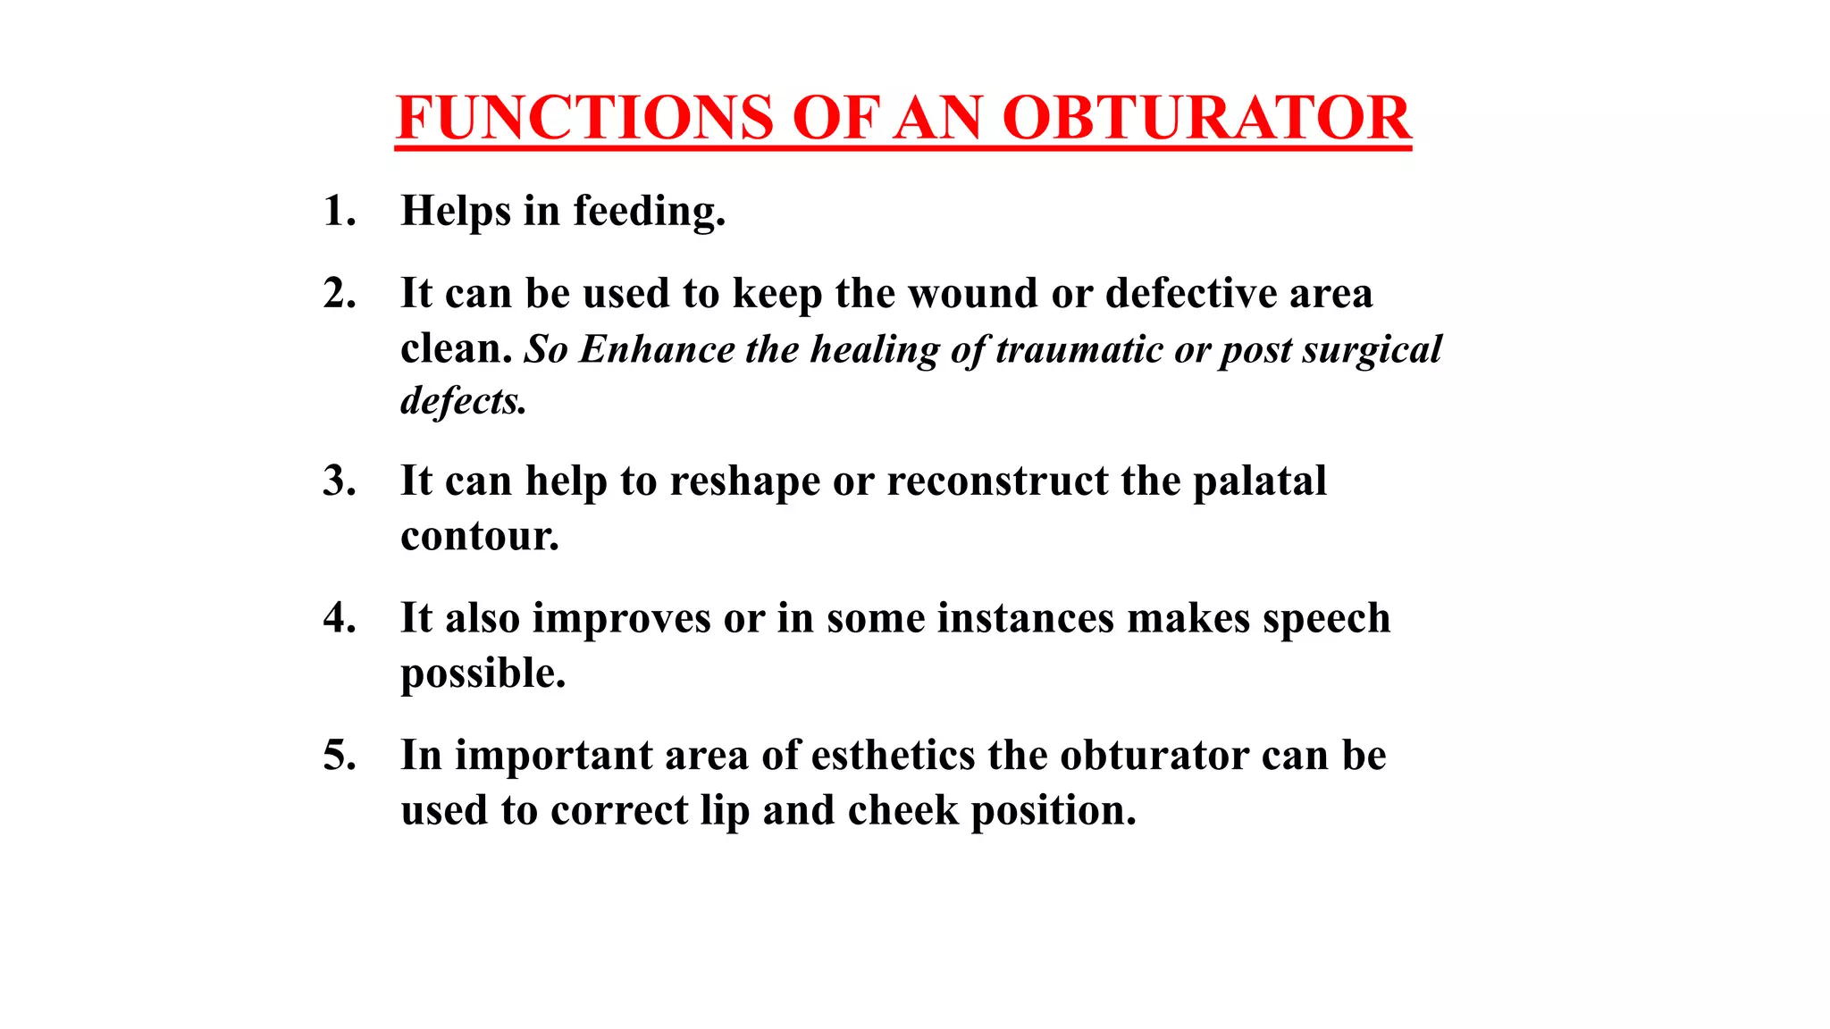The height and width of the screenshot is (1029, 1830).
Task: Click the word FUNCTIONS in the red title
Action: tap(584, 118)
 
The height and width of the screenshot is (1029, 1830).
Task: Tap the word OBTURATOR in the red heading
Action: tap(1206, 118)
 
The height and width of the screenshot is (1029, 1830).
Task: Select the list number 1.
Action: tap(340, 212)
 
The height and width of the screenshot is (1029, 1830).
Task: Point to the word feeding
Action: tap(649, 212)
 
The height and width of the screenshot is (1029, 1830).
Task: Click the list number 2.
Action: tap(340, 294)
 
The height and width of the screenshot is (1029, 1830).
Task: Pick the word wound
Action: tap(973, 294)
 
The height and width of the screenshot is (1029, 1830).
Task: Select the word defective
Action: tap(1191, 294)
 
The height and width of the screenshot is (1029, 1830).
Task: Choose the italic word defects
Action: tap(463, 401)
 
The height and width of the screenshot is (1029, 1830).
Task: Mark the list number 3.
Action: tap(340, 481)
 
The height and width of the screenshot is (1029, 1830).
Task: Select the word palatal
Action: tap(1260, 481)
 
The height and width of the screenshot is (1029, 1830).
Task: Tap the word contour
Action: tap(480, 537)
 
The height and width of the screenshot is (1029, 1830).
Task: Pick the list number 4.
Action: tap(340, 618)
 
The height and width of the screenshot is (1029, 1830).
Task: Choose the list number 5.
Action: tap(340, 756)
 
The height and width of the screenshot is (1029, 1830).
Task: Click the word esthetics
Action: tap(893, 756)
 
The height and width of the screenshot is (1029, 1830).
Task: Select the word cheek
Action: tap(902, 811)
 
